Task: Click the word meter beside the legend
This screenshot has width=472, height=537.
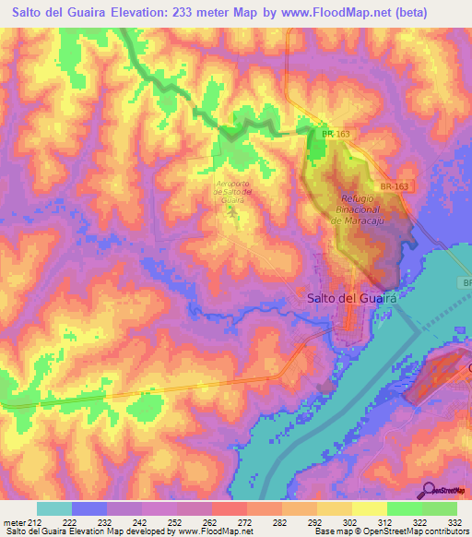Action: click(x=13, y=521)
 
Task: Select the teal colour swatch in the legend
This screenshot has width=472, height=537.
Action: click(x=54, y=508)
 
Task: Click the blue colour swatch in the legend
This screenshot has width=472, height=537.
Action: click(x=89, y=508)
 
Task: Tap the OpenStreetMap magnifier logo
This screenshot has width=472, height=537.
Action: click(x=428, y=489)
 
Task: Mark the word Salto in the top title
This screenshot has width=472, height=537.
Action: click(x=27, y=12)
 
